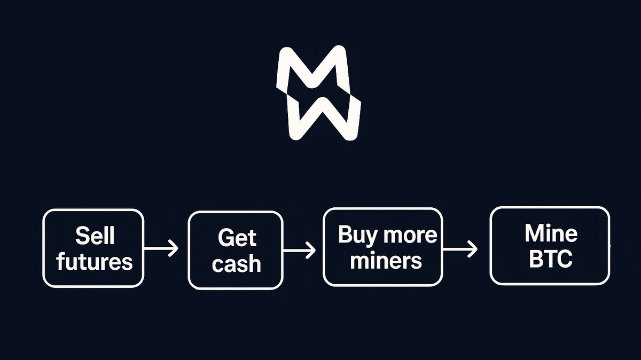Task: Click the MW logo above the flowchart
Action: tap(318, 93)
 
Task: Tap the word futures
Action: tap(95, 261)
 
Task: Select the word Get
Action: tap(237, 238)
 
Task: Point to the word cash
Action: tap(236, 263)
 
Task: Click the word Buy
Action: tap(355, 235)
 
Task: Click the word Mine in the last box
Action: tap(551, 233)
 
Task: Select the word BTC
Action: tap(550, 260)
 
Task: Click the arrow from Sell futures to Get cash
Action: tap(161, 248)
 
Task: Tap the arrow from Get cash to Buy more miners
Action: tap(299, 249)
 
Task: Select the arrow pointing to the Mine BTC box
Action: tap(460, 249)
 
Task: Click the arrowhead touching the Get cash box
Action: tap(174, 248)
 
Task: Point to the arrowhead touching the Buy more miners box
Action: tap(311, 249)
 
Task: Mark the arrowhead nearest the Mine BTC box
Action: tap(472, 249)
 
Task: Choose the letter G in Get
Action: tap(225, 238)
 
